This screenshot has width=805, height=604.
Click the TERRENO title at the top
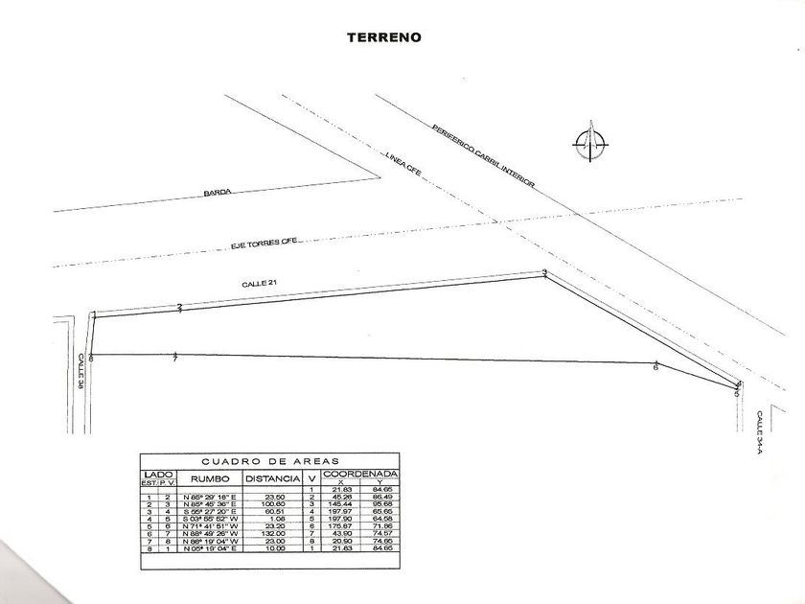pos(383,37)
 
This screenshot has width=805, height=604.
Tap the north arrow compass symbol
pos(590,143)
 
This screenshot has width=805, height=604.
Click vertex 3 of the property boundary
pos(544,274)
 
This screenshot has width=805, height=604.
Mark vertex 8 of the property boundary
pos(91,358)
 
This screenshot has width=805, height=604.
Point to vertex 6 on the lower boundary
pos(655,366)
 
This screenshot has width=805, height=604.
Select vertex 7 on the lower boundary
pos(175,359)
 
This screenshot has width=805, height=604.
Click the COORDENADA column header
pos(360,474)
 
